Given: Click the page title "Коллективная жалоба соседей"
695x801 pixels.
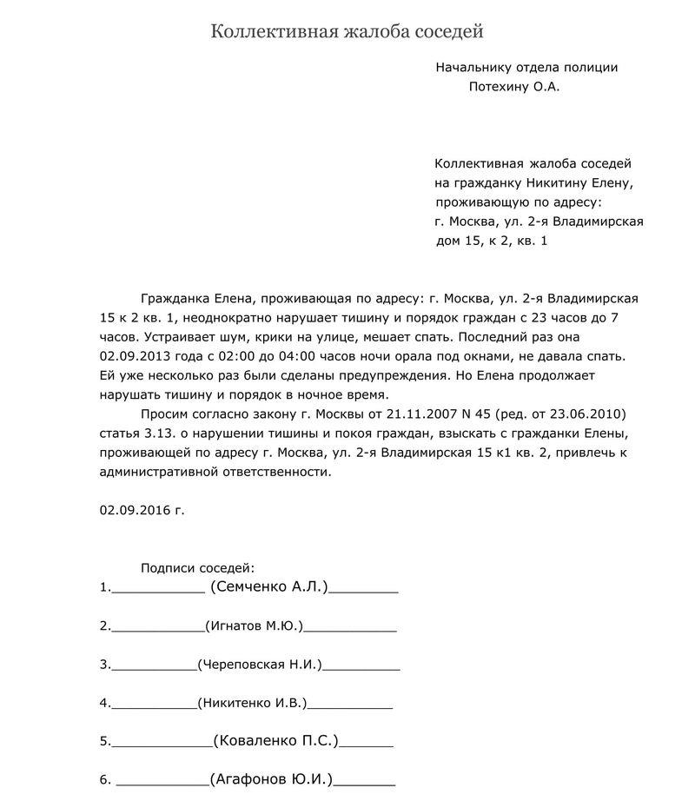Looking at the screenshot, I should tap(347, 32).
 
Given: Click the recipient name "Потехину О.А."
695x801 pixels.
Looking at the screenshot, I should tap(513, 86).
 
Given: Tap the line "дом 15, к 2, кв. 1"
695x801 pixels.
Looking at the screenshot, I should tap(492, 240).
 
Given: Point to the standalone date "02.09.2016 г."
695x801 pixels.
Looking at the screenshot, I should tap(142, 510).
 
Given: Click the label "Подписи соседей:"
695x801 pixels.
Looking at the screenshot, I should tap(198, 568).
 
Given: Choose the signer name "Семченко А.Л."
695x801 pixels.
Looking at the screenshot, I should tap(269, 587).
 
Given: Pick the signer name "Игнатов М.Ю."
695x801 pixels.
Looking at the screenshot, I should tap(253, 626).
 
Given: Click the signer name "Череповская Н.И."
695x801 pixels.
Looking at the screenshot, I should tap(261, 665).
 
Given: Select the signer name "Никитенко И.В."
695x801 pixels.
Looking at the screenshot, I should tap(253, 703).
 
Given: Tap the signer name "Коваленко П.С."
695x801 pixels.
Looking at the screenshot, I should tap(275, 741).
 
